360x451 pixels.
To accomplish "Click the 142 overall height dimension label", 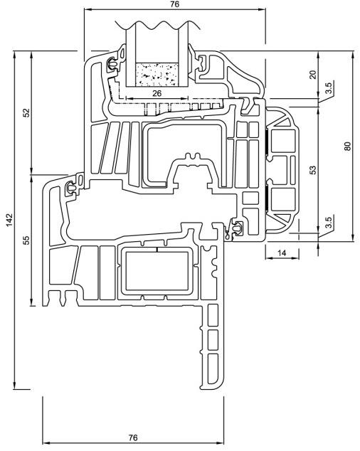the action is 10,220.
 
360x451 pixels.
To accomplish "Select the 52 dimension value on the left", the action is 26,112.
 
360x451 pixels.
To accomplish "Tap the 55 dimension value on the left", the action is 26,240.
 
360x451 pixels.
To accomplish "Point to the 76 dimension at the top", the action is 174,4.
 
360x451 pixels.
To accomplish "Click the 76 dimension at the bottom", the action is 133,437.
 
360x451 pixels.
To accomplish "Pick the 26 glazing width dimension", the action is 157,93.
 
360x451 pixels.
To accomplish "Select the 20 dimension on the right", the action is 313,75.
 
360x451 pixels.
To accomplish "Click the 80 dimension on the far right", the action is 348,146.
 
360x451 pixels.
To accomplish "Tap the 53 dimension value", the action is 313,170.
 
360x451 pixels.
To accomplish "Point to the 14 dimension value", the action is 282,253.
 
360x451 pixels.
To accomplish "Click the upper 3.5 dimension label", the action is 329,87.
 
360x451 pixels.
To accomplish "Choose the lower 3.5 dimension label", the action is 329,222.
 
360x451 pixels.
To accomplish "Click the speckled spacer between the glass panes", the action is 157,75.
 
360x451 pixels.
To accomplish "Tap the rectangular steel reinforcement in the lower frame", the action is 157,270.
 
